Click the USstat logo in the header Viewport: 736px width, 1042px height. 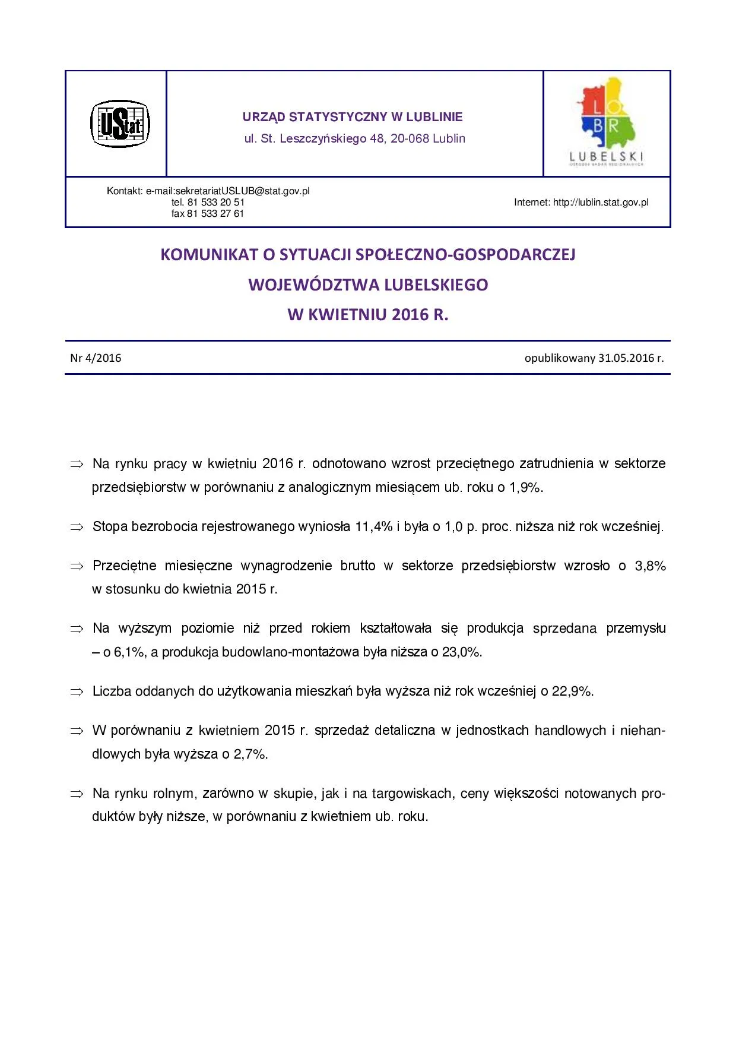120,124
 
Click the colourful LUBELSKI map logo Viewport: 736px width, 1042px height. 607,121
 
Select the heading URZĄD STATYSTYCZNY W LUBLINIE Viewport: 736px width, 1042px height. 353,117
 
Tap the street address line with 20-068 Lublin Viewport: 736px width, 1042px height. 354,138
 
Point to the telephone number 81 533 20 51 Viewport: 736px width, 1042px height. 216,203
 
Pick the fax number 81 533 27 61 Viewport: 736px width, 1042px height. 215,214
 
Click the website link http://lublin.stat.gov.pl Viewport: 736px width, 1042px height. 601,203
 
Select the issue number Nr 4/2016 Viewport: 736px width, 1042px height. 96,358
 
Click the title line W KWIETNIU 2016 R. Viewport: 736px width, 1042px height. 368,315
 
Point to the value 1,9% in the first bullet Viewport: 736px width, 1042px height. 525,488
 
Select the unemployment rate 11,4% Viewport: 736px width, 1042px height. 374,527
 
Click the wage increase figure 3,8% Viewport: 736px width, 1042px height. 651,566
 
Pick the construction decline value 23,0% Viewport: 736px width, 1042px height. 461,652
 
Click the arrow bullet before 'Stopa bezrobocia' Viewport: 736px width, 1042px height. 77,527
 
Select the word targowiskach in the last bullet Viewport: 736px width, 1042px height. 413,794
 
